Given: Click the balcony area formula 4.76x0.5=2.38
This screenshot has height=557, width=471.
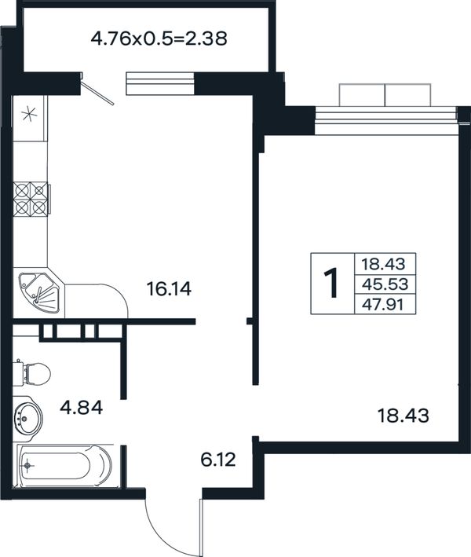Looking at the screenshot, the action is [x=159, y=38].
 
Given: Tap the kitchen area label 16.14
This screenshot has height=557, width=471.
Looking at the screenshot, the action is [x=169, y=289].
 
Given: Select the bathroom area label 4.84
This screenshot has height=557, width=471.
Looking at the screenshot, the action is [x=82, y=408].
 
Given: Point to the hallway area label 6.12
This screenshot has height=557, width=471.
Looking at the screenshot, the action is [x=218, y=460].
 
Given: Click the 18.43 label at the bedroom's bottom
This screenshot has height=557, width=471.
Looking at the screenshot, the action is [x=403, y=416].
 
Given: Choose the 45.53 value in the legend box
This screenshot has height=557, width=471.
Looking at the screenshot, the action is [x=385, y=284].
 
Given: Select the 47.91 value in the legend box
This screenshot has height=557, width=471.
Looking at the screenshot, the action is [x=382, y=305].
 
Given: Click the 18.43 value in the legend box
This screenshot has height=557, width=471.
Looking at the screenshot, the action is [x=383, y=264].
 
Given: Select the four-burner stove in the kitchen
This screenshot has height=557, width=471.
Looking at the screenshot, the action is [x=31, y=200].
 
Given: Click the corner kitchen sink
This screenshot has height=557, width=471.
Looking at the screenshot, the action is [x=40, y=293].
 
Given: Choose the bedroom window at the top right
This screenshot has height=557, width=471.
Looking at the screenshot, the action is [x=385, y=109].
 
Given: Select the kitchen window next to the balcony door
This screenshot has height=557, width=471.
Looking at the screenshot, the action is [x=160, y=83].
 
